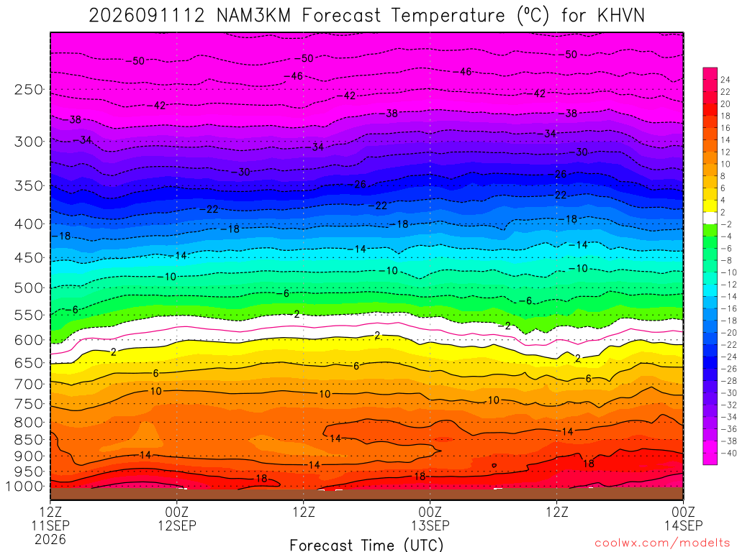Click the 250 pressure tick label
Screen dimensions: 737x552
(29, 89)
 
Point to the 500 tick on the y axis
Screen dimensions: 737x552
(29, 287)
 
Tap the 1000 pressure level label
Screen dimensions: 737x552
(25, 487)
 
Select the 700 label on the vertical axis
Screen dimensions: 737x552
(29, 384)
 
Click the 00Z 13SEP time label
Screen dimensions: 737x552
(430, 518)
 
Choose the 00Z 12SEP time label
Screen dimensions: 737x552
(177, 518)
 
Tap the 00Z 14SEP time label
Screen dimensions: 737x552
(683, 518)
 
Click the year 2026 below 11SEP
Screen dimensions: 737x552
(50, 539)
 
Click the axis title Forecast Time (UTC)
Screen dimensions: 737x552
(366, 545)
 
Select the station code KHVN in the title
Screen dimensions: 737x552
(621, 16)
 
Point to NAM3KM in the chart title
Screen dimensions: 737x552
(254, 16)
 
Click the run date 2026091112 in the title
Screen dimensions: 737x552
(147, 16)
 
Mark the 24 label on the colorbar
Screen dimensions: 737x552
(725, 80)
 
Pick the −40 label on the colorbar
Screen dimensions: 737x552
(725, 453)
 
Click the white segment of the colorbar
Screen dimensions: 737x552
(710, 218)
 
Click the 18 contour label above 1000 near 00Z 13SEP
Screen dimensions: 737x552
(420, 477)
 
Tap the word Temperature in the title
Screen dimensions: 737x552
(448, 16)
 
